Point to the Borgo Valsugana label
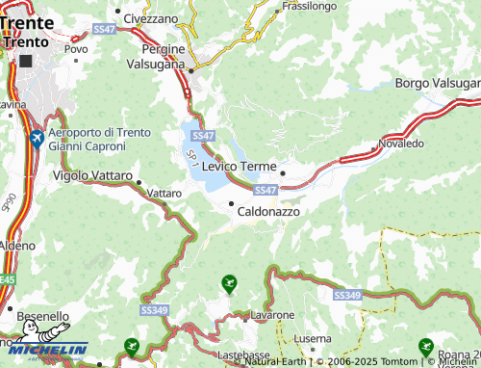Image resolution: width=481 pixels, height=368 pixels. tap(438, 84)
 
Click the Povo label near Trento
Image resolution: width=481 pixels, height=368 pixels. tap(75, 48)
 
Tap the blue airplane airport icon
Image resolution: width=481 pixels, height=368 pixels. tap(37, 139)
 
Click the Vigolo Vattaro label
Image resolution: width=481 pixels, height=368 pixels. tap(93, 175)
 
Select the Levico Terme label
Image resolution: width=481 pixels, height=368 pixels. tap(240, 167)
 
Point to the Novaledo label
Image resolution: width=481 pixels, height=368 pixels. tap(401, 143)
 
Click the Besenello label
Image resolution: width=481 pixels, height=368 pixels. tap(43, 315)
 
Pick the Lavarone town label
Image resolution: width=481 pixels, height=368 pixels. tap(272, 315)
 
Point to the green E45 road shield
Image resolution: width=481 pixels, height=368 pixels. tap(7, 279)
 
